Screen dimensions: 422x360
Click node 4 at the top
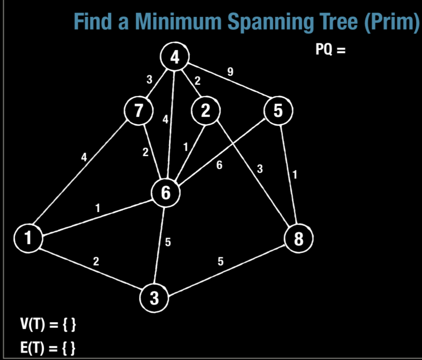[x=174, y=57]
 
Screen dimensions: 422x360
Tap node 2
[x=205, y=111]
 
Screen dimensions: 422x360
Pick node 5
[x=278, y=111]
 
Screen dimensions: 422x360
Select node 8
[x=298, y=238]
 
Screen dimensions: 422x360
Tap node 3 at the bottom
[x=155, y=298]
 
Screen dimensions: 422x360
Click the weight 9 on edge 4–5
[x=230, y=72]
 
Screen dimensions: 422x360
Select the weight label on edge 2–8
[x=260, y=169]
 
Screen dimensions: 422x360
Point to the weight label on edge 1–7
[x=84, y=157]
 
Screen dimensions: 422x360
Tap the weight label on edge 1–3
[x=95, y=262]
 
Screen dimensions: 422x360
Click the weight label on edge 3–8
[x=221, y=262]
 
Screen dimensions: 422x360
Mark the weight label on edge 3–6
[x=168, y=242]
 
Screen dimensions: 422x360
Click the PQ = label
[x=330, y=50]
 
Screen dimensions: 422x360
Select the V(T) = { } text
[x=47, y=325]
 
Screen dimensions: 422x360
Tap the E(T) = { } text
[x=47, y=347]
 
